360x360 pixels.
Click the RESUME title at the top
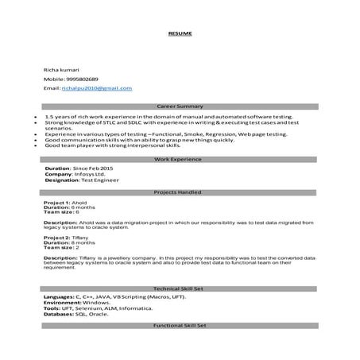click(180, 34)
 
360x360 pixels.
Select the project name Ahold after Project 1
click(79, 203)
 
